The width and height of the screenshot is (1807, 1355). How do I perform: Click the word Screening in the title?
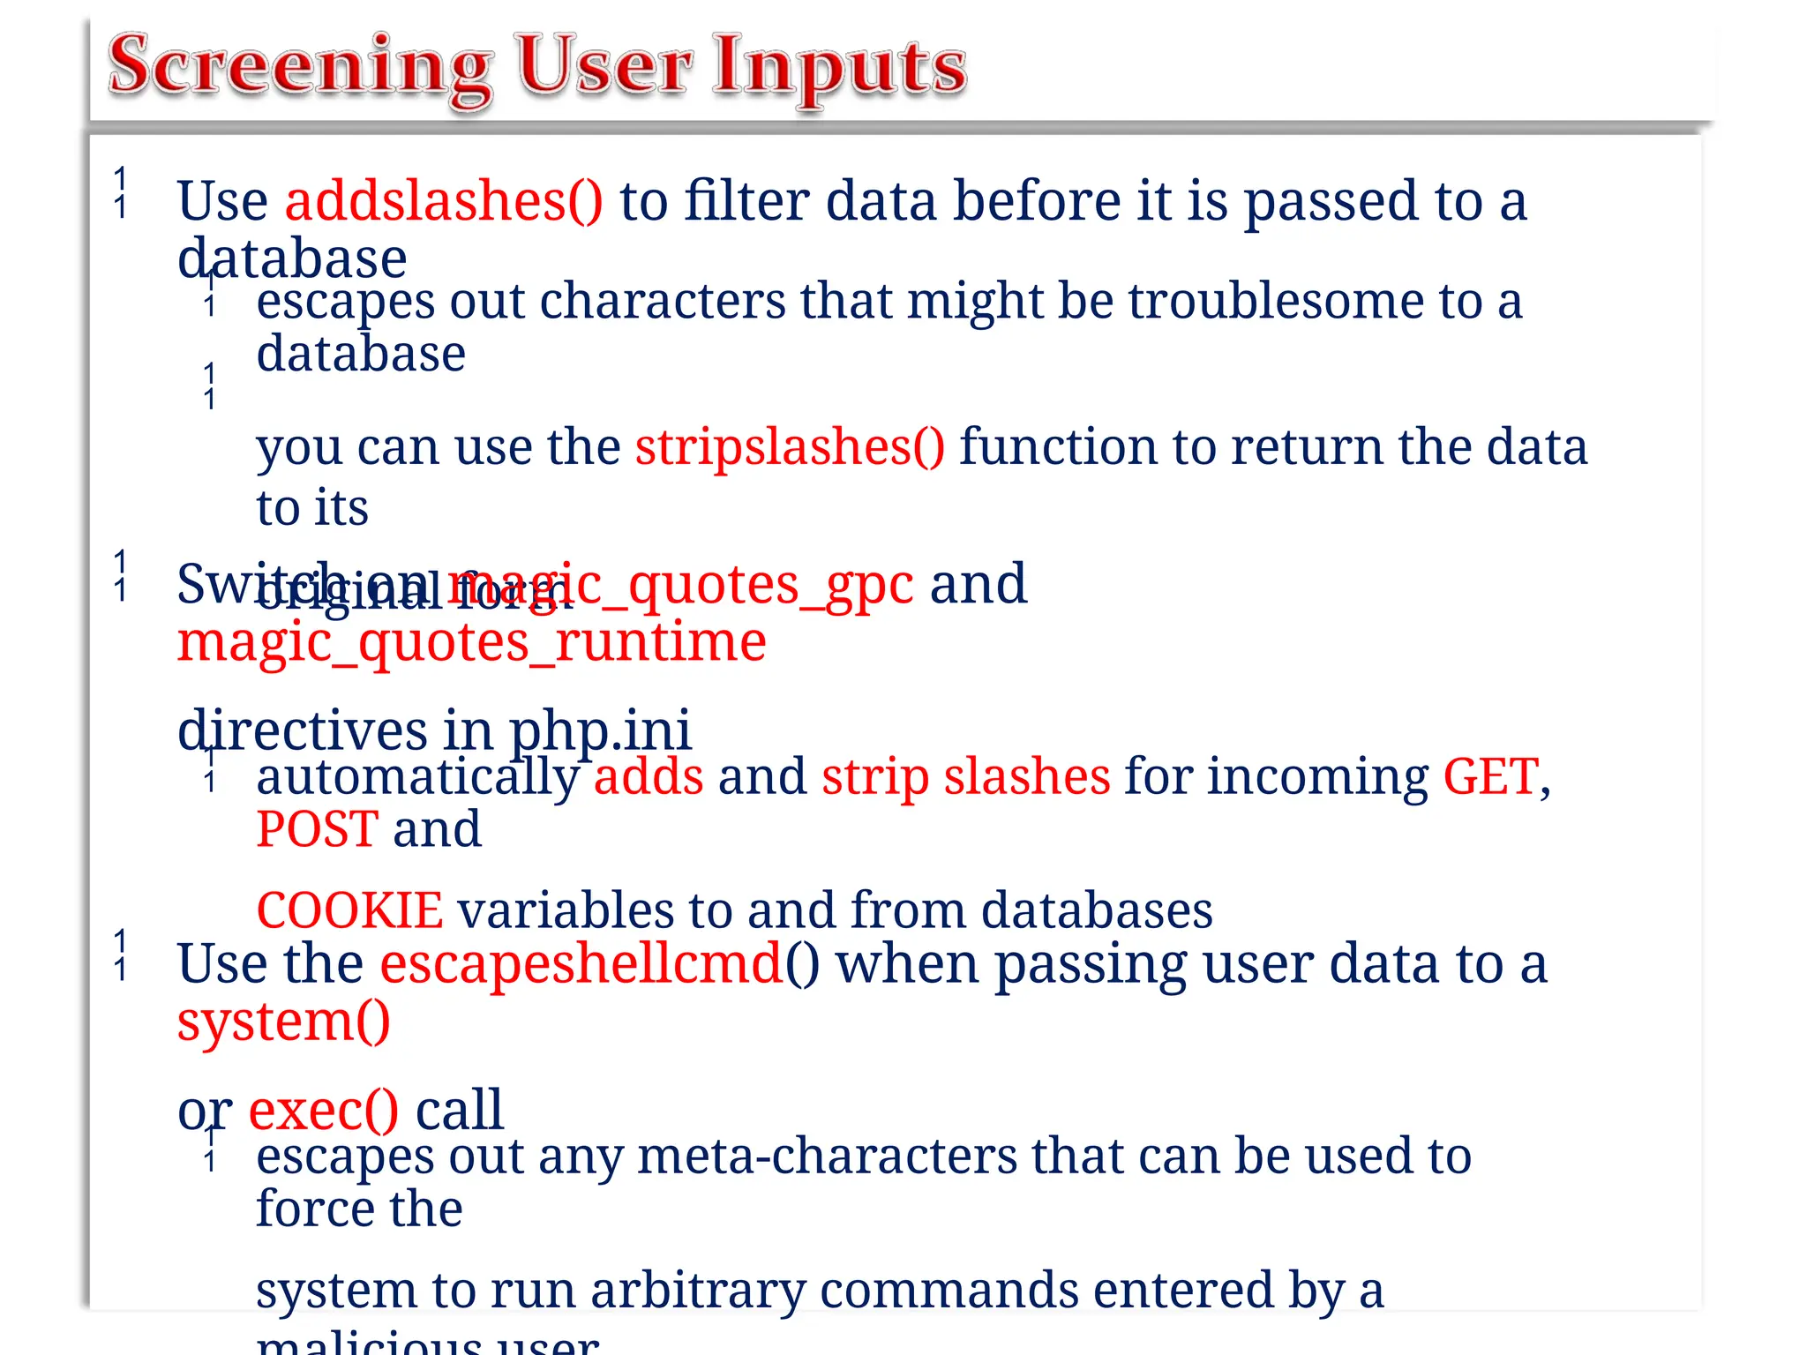pos(300,67)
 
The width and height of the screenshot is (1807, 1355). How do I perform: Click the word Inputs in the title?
pos(840,67)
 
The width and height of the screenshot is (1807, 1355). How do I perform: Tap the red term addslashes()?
pos(444,201)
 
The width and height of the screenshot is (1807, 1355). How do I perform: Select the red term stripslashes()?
pos(790,446)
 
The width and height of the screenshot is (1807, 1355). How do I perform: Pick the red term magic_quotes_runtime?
pos(471,641)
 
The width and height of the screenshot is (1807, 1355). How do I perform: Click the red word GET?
pos(1490,777)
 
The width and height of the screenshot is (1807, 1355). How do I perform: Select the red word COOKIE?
pos(349,910)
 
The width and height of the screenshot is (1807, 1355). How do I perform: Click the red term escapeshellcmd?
pos(581,963)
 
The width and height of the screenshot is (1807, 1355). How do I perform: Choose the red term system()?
pos(283,1022)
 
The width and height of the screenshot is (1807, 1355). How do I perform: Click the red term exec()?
pos(323,1110)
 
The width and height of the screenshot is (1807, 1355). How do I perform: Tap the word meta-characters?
pos(827,1156)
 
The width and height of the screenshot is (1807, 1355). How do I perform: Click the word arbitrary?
pos(698,1291)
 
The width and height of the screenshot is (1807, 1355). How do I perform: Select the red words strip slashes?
pos(965,777)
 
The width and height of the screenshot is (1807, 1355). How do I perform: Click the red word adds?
pos(649,777)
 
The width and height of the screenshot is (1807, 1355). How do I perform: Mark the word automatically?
pos(417,777)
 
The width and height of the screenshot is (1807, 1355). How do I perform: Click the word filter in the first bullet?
pos(746,201)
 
